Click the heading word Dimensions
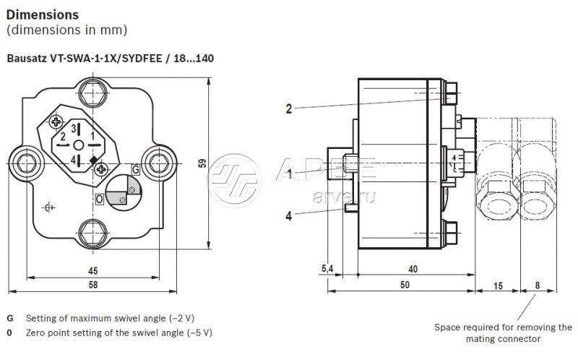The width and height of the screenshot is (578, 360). pyautogui.click(x=43, y=14)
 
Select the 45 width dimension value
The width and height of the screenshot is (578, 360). pyautogui.click(x=92, y=271)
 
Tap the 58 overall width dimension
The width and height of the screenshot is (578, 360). pyautogui.click(x=92, y=286)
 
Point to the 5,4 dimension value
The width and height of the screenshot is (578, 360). pyautogui.click(x=326, y=269)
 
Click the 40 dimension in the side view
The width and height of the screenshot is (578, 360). pyautogui.click(x=413, y=269)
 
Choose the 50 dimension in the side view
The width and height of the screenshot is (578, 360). pyautogui.click(x=405, y=285)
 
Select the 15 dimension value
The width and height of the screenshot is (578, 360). pyautogui.click(x=497, y=285)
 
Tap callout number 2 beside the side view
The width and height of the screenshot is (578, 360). pyautogui.click(x=288, y=109)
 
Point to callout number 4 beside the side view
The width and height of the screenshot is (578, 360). pyautogui.click(x=288, y=214)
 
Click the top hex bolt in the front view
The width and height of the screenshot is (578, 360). pyautogui.click(x=93, y=93)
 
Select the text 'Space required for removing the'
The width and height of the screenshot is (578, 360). pyautogui.click(x=503, y=327)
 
